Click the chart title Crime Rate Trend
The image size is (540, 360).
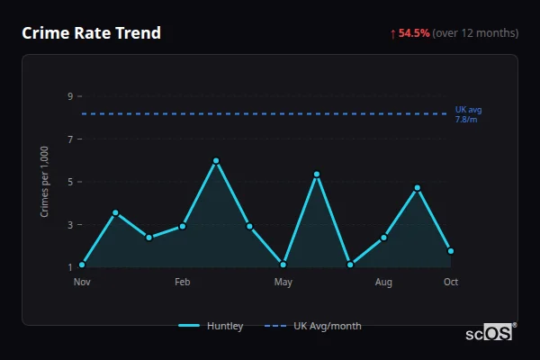(91, 33)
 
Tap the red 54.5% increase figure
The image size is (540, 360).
(415, 33)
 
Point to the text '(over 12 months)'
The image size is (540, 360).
(475, 33)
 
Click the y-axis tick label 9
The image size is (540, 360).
(70, 96)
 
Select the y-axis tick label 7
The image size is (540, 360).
(70, 139)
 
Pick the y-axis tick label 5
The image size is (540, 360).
(70, 182)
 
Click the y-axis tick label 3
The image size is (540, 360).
(70, 225)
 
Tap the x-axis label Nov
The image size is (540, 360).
(82, 283)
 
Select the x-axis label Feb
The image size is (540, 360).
(182, 283)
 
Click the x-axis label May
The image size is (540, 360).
(283, 283)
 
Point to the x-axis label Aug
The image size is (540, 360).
(383, 283)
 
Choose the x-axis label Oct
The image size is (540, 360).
(451, 283)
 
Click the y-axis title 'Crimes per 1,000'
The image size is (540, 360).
(45, 183)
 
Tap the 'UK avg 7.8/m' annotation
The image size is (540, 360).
(468, 114)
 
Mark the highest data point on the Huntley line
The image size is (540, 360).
(216, 161)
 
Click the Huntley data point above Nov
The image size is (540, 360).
(82, 265)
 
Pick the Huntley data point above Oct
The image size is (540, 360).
(451, 251)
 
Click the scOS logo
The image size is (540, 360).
(490, 333)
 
